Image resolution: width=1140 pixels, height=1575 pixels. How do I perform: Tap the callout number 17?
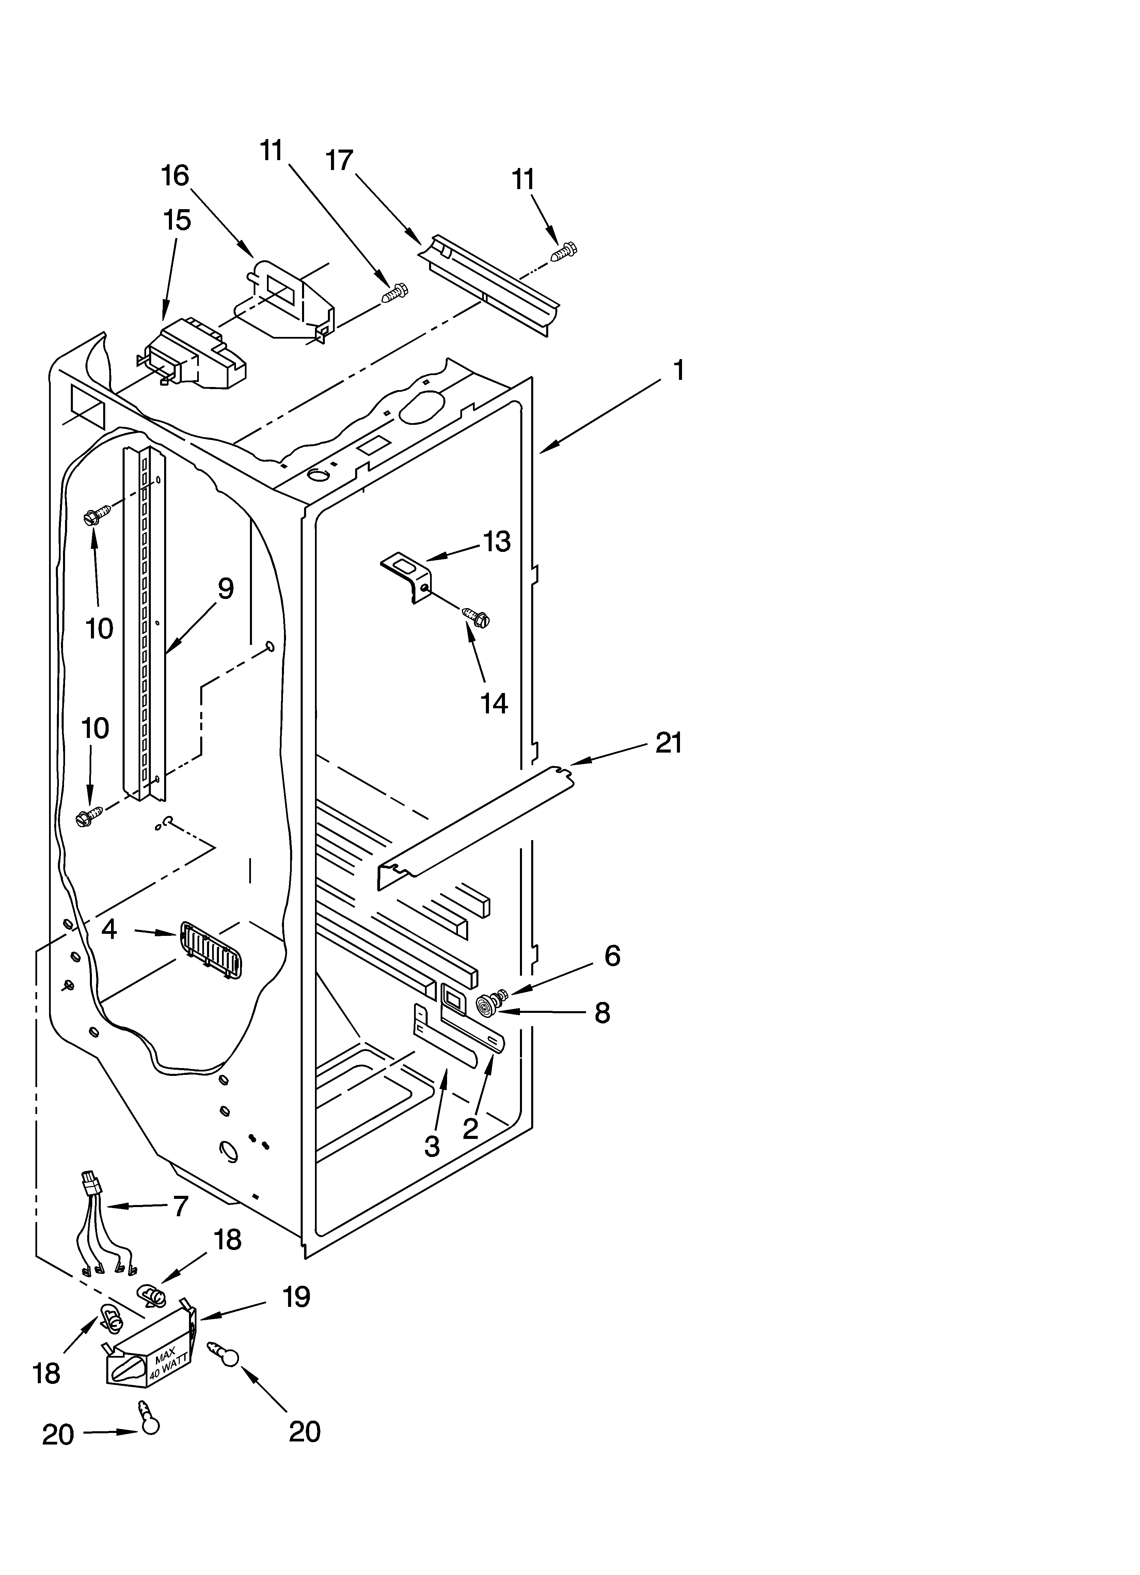coord(339,161)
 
